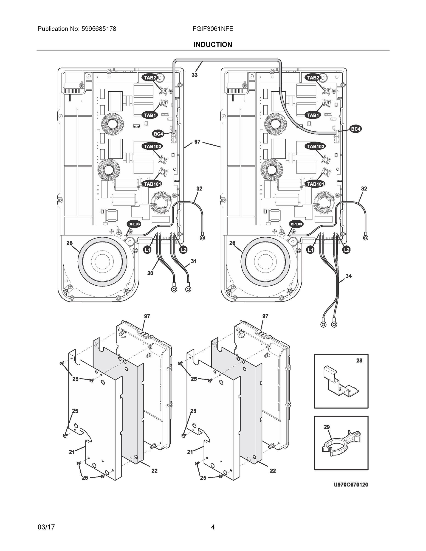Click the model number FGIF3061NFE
213,29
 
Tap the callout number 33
194,75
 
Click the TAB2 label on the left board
150,78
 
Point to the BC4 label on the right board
355,129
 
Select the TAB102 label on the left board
153,146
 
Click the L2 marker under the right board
347,250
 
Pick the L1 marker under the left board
147,250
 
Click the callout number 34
349,276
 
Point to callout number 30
150,273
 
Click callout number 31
194,261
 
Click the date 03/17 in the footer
46,527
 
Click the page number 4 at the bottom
213,527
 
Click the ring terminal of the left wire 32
202,237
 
